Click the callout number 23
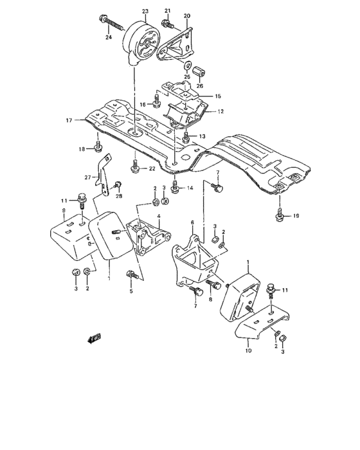[x=145, y=12]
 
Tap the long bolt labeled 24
[x=113, y=25]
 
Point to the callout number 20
[x=187, y=15]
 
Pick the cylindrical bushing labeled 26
[x=199, y=69]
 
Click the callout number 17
[x=69, y=120]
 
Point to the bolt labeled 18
[x=98, y=148]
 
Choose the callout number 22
[x=152, y=168]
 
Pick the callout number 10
[x=248, y=351]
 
